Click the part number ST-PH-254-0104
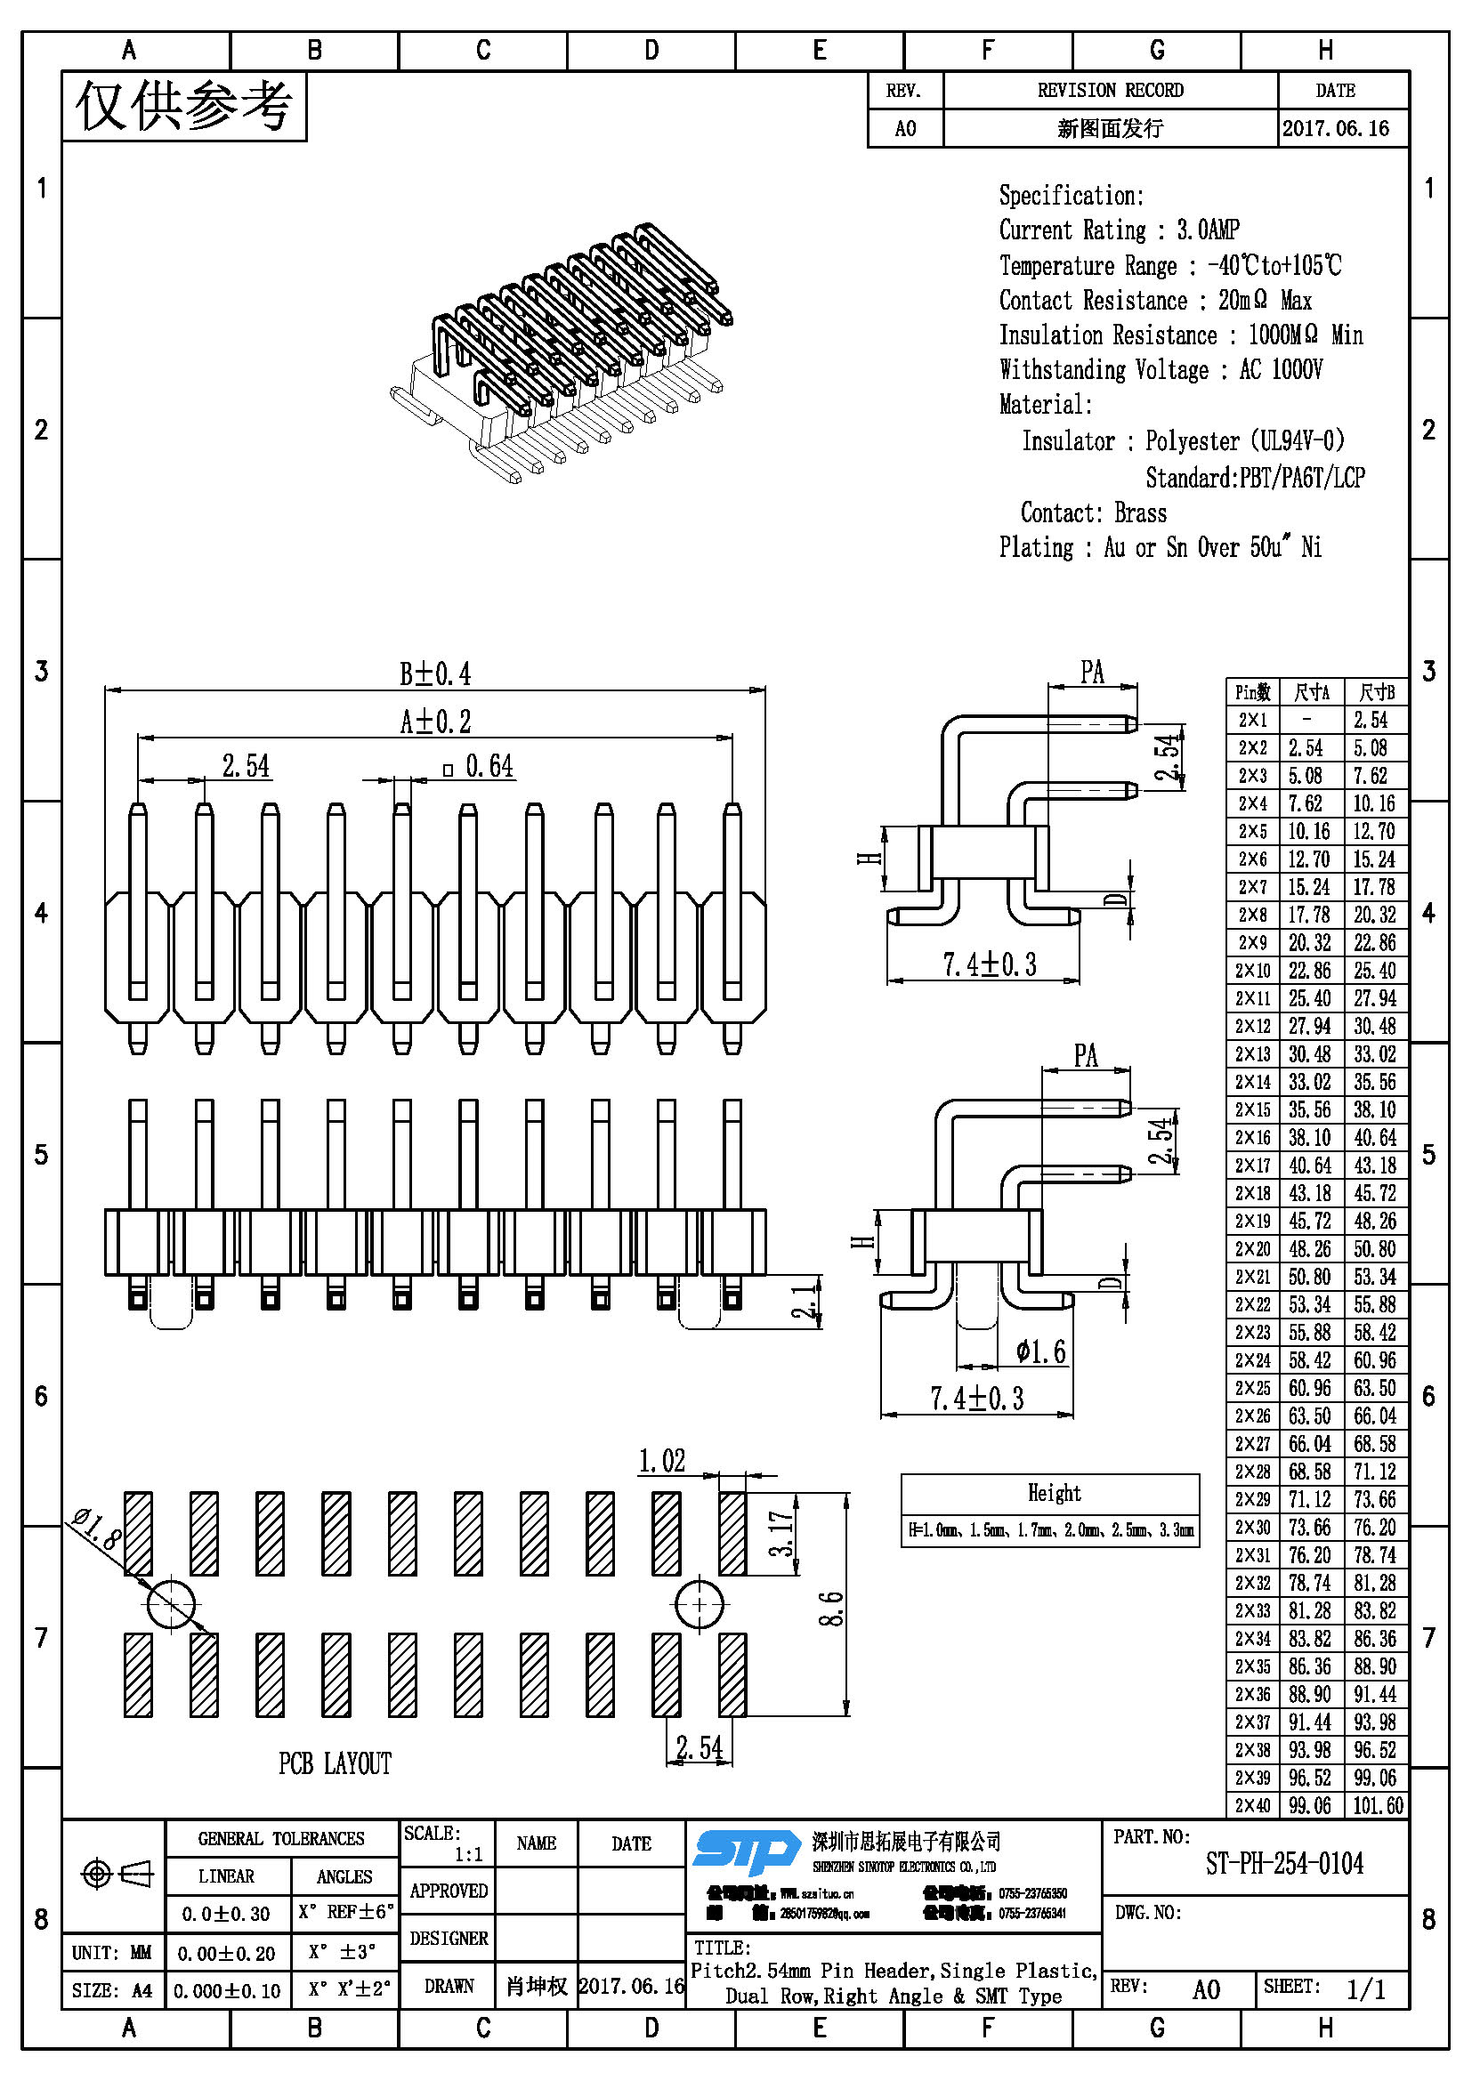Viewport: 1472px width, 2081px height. [1283, 1865]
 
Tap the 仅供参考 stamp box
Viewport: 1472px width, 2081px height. [184, 107]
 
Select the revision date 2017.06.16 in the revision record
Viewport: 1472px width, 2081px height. [1335, 129]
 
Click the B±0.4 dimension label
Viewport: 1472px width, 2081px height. [435, 674]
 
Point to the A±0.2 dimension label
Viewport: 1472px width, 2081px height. [436, 722]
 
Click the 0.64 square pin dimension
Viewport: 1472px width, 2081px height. [489, 767]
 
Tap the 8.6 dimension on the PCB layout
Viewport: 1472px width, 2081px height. [832, 1608]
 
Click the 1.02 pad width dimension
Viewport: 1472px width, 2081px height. [661, 1461]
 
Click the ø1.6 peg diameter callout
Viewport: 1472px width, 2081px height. [1040, 1353]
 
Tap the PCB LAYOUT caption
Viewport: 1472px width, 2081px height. [335, 1763]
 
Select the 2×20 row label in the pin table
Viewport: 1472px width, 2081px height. [1252, 1249]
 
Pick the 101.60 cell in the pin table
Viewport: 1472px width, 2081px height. [1377, 1805]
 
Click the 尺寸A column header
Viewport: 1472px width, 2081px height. [1311, 692]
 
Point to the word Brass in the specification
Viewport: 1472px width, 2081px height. [1139, 513]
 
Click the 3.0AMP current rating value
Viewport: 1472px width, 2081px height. [1208, 230]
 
